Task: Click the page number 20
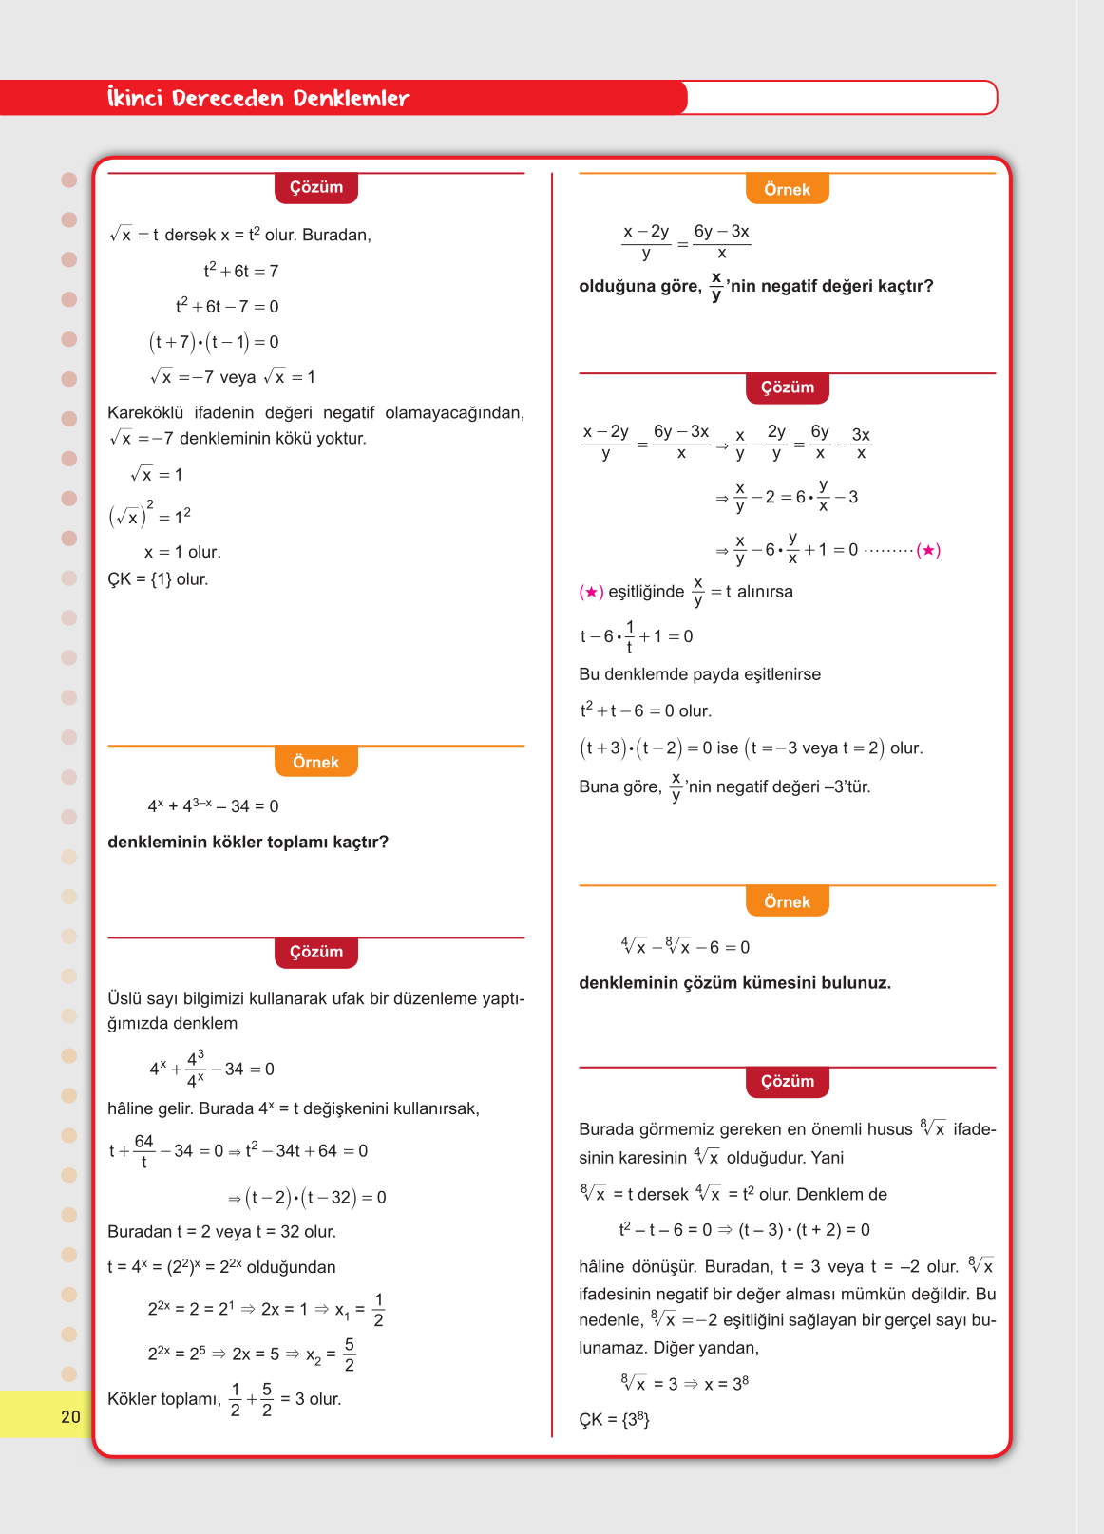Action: point(70,1416)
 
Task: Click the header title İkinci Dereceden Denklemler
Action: point(258,98)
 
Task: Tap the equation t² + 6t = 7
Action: point(240,271)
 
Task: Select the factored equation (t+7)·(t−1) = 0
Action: point(214,342)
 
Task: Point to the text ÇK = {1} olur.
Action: point(158,579)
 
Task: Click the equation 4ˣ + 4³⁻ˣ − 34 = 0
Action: point(213,805)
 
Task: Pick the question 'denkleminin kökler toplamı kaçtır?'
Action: point(248,842)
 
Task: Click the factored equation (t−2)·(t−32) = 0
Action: point(307,1197)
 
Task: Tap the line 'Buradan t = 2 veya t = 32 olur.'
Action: point(221,1231)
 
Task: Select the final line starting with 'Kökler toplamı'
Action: point(224,1399)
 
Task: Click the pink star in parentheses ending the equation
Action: point(929,550)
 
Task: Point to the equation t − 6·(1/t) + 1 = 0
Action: point(637,636)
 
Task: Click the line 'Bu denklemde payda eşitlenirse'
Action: point(699,674)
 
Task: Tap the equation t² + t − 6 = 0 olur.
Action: point(646,710)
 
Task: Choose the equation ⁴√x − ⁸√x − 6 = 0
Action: point(685,947)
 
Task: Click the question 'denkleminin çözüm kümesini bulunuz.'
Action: point(734,982)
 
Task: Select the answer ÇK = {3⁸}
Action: point(614,1420)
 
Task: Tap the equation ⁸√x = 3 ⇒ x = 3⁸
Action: point(684,1383)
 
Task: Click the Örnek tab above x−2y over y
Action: point(787,189)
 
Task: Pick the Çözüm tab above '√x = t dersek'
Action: point(315,187)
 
